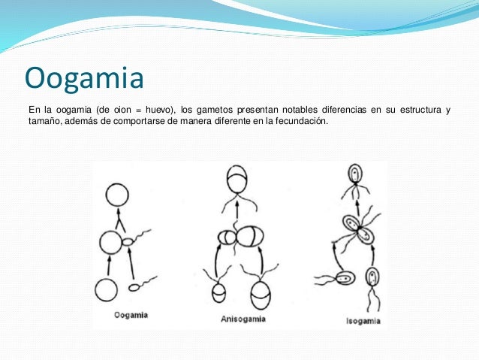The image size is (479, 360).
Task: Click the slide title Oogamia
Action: pos(83,77)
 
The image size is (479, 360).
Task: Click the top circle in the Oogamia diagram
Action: pos(117,195)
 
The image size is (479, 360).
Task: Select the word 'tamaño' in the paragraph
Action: pos(44,123)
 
